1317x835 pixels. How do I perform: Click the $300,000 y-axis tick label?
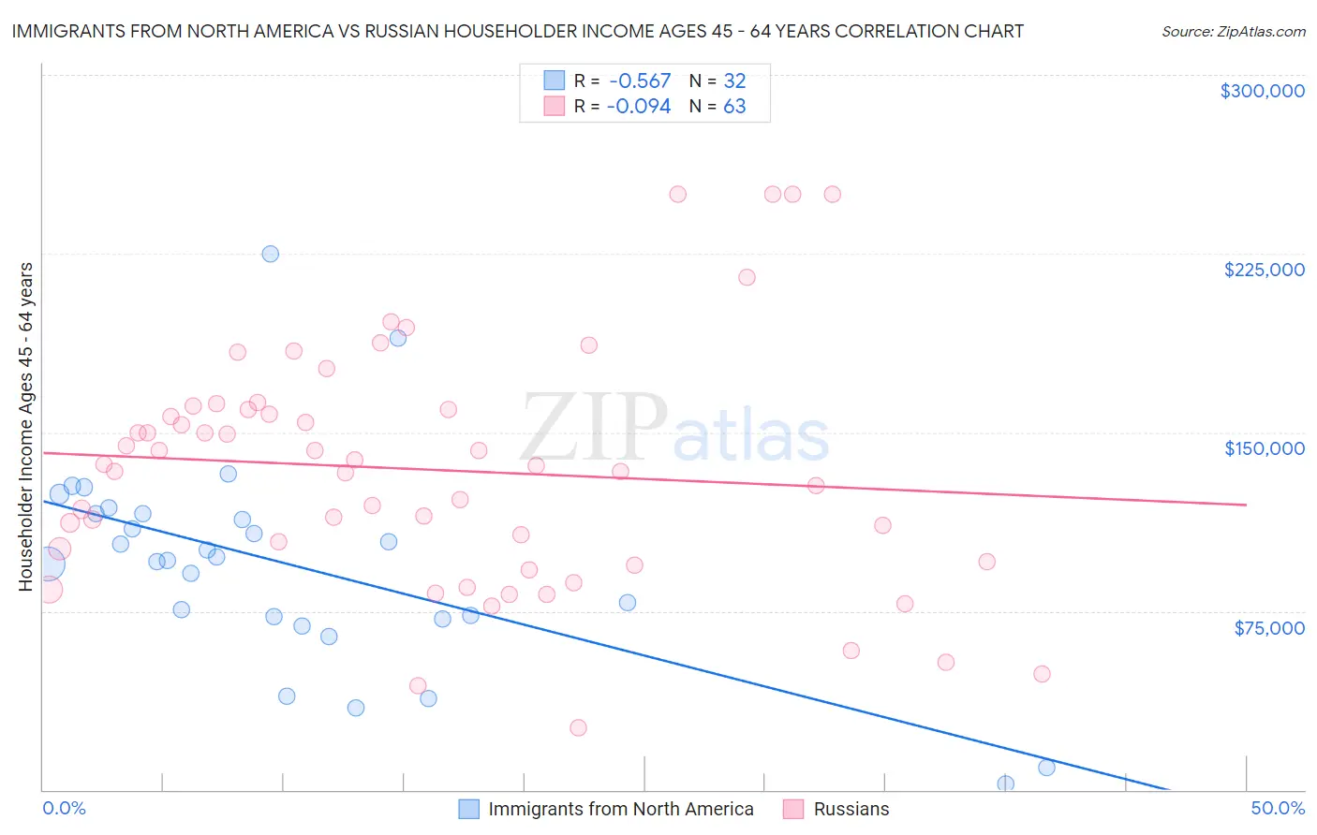[x=1262, y=91]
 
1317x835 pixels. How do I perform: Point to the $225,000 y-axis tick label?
[x=1264, y=270]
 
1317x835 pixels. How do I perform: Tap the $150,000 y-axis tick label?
[x=1264, y=448]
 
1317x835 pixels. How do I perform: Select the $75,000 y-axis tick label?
[x=1268, y=628]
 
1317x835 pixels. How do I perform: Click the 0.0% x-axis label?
[x=64, y=808]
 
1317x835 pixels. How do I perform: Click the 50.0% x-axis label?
[x=1278, y=808]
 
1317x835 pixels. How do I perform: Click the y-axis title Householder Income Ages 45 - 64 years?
[x=25, y=427]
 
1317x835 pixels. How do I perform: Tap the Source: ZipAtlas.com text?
[x=1233, y=31]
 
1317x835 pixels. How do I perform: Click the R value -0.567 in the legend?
[x=639, y=81]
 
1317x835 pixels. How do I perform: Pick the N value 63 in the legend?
[x=734, y=107]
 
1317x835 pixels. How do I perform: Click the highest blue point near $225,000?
[x=271, y=254]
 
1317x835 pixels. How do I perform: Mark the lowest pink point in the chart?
[x=578, y=728]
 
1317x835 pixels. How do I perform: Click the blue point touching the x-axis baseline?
[x=1006, y=784]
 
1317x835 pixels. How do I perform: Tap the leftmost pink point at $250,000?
[x=678, y=195]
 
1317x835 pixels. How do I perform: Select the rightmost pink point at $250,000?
[x=832, y=195]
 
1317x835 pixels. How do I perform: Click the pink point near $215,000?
[x=747, y=277]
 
